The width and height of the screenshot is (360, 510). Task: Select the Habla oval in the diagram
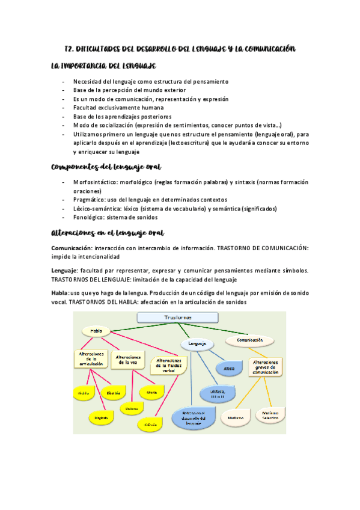tap(96, 331)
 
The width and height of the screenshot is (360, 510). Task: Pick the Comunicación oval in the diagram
tap(250, 340)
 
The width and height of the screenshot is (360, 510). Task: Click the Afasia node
tap(229, 367)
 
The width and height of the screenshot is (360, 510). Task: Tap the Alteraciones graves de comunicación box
tap(266, 367)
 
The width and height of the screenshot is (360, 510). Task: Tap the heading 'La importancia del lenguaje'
tap(104, 65)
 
